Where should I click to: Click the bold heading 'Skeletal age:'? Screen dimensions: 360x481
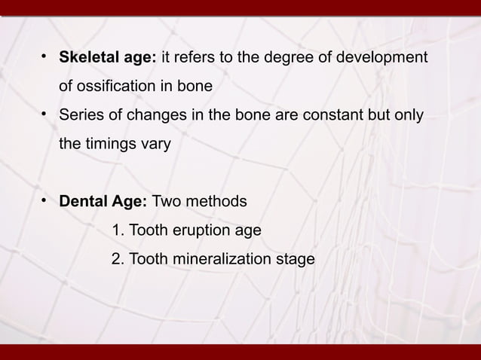coord(108,58)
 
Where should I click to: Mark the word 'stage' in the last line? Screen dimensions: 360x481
coord(296,259)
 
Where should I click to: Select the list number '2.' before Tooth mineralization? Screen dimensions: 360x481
coord(118,259)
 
